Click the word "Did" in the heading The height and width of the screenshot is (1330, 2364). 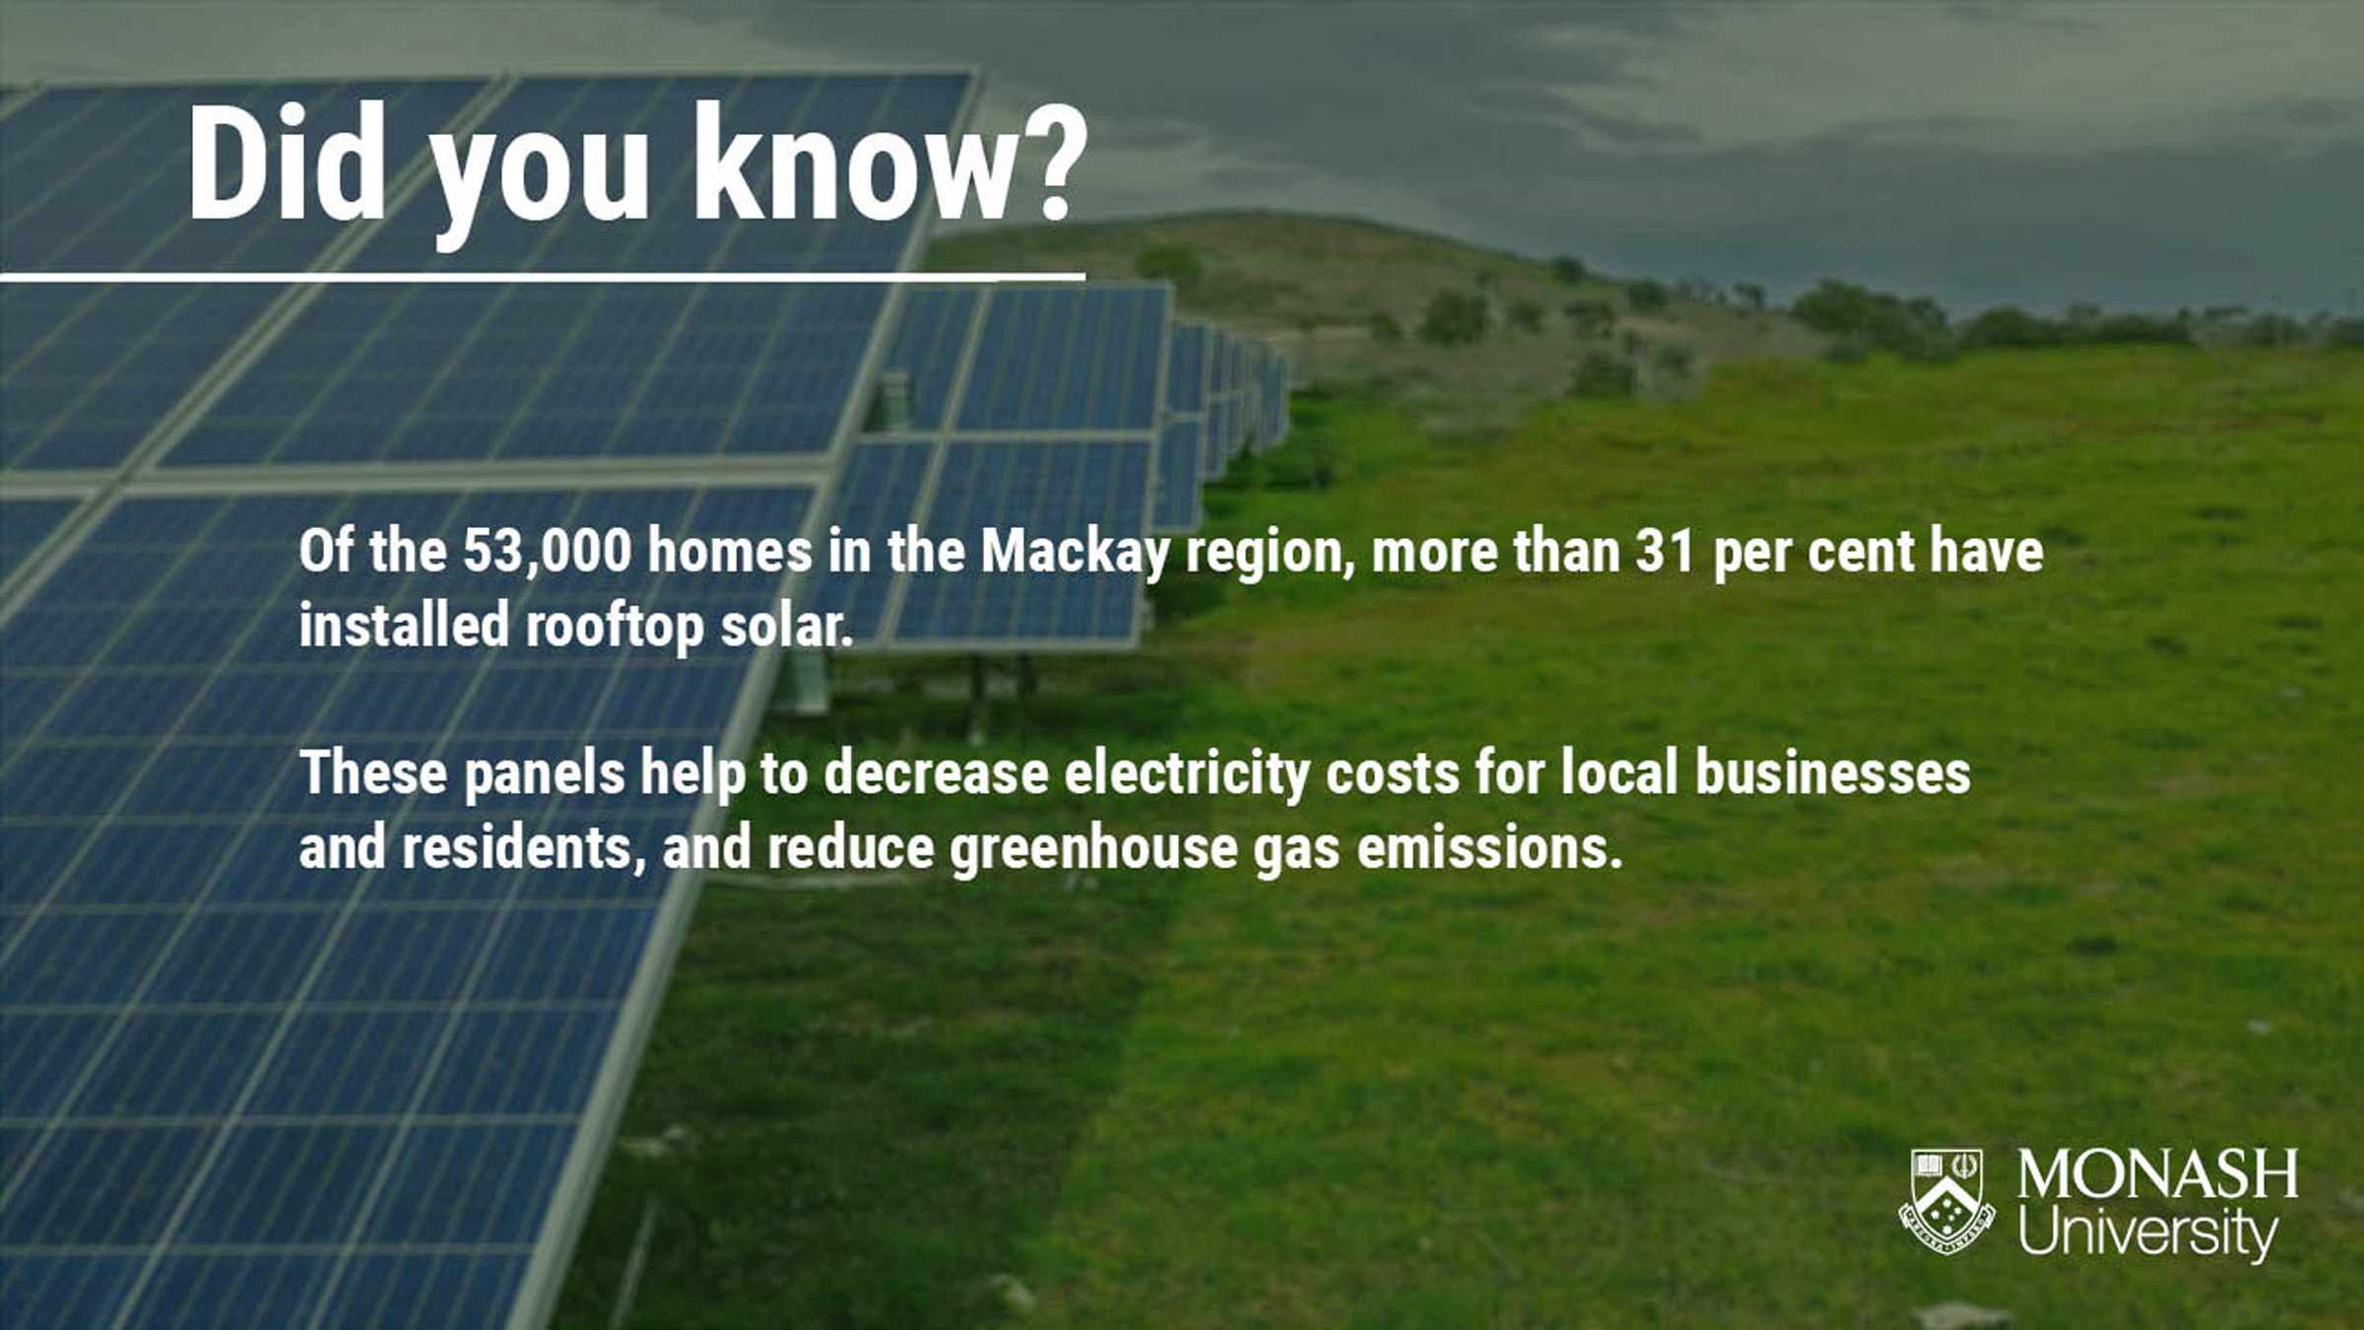tap(287, 163)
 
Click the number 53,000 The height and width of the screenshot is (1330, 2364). tap(547, 551)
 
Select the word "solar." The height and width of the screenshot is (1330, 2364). tap(786, 625)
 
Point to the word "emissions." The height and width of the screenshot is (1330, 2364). tap(1489, 847)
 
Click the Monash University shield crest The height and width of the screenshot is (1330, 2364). tap(1946, 1202)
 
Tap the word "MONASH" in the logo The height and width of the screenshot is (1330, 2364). tap(2157, 1173)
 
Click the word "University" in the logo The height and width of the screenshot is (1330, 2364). tap(2148, 1231)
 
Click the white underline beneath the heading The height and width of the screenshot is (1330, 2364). tap(543, 278)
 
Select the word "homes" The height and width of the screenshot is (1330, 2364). tap(730, 551)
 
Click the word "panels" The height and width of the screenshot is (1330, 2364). tap(545, 774)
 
